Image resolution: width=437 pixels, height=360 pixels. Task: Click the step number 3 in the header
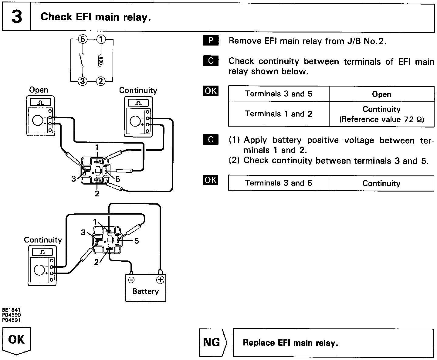coord(16,17)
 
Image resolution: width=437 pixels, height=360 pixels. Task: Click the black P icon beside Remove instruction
coord(211,41)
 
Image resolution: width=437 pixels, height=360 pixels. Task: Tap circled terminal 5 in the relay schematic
coord(83,39)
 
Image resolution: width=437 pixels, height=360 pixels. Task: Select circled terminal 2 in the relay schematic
coord(101,81)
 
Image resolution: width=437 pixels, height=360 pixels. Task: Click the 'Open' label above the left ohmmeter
coord(39,90)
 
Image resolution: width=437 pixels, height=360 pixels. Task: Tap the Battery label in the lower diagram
coord(145,291)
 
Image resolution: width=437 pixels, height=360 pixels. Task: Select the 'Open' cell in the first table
coord(381,94)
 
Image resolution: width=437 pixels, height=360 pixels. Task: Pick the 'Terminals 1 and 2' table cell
coord(278,114)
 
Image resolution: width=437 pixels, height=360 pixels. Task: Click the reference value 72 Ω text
coord(381,119)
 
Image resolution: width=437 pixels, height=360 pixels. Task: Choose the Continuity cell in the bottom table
coord(381,183)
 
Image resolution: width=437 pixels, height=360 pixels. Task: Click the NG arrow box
coord(212,343)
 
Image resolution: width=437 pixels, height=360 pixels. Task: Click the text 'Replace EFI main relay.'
coord(290,343)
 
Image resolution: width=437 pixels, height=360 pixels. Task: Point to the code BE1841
coord(11,310)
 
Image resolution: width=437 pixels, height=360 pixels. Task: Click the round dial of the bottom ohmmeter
coord(39,270)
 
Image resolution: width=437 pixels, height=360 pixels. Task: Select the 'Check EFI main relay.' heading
coord(96,17)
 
